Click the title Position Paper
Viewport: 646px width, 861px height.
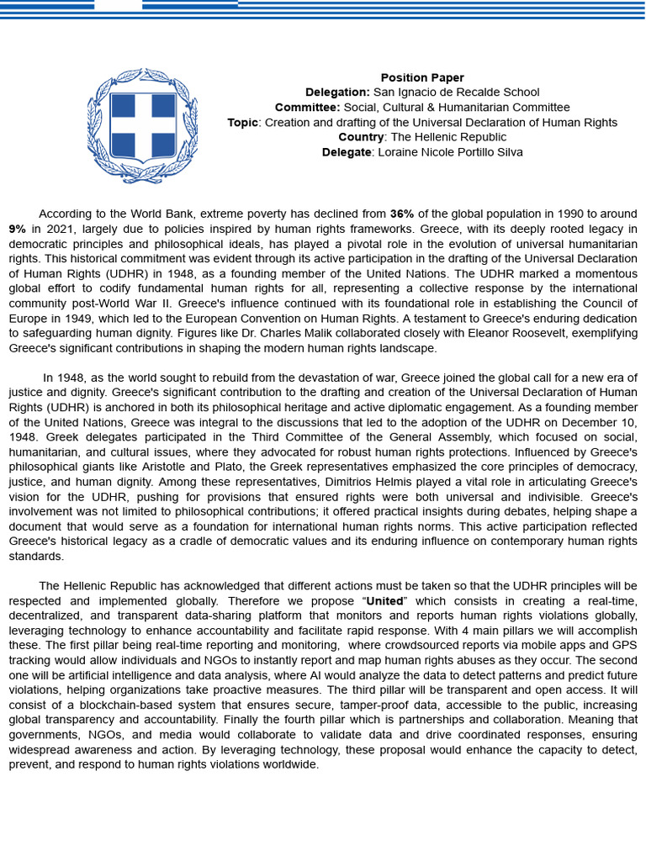point(422,78)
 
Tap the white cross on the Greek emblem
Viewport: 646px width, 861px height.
point(142,125)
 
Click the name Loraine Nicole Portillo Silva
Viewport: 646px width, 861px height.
point(450,152)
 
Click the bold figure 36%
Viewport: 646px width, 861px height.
point(402,214)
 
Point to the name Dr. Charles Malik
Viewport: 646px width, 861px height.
point(300,333)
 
